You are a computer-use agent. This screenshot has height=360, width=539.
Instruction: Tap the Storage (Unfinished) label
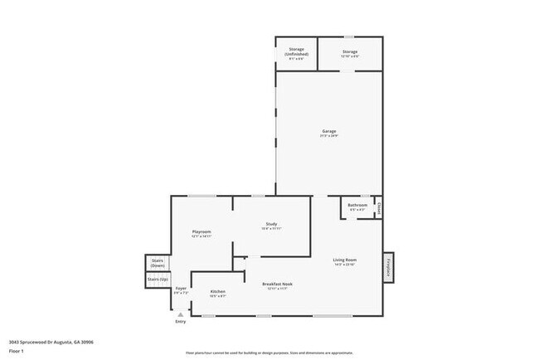[296, 51]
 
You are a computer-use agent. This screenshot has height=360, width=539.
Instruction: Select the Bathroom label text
[357, 205]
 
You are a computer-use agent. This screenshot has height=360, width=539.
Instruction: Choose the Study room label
[271, 224]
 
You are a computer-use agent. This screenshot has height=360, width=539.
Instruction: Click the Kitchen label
[218, 292]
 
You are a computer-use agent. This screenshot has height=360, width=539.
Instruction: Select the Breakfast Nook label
[277, 284]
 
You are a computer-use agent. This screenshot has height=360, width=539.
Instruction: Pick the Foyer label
[181, 289]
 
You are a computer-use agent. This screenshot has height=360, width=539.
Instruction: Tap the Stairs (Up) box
[158, 280]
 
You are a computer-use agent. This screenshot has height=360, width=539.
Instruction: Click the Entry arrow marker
[180, 314]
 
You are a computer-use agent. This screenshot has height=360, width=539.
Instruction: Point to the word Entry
[180, 321]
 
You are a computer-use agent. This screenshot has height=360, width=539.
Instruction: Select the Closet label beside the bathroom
[379, 207]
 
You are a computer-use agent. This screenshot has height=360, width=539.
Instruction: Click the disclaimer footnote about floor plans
[269, 353]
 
